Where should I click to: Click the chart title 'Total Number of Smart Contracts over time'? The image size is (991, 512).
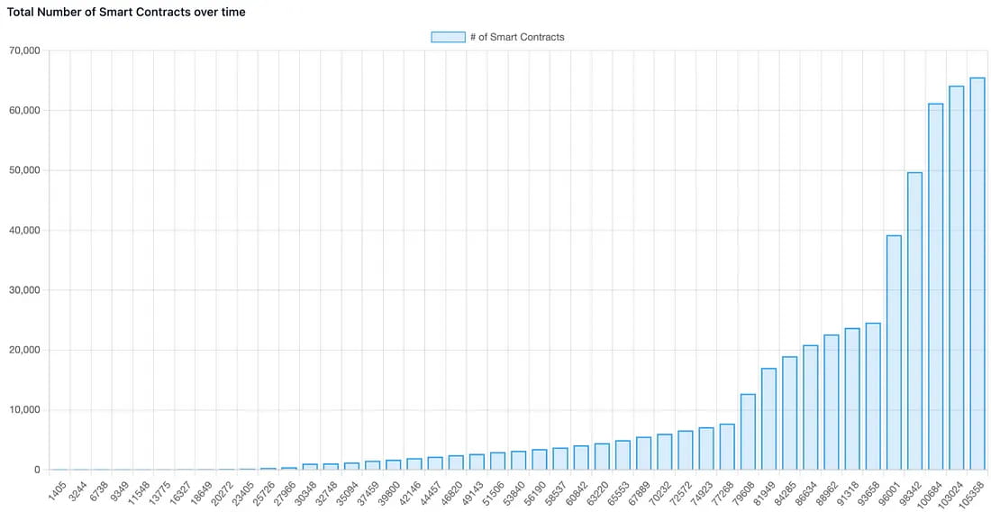(126, 13)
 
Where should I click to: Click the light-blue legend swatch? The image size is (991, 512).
(448, 37)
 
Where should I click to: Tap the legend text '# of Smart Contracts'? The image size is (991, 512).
(517, 37)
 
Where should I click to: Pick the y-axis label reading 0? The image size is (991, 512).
(36, 470)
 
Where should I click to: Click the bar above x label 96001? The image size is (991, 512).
(894, 352)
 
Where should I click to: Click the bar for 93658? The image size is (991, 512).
(873, 397)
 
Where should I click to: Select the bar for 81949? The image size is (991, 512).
(768, 419)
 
